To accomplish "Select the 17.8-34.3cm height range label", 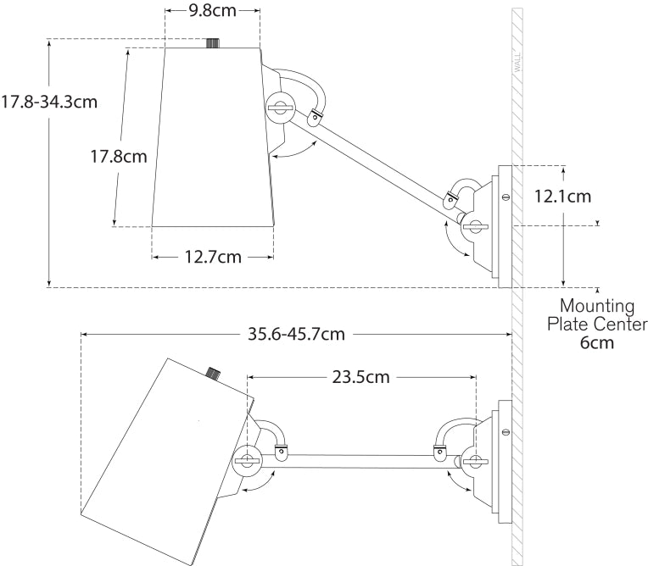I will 49,102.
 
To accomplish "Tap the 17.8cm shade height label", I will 120,156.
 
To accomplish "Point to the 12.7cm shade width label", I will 213,256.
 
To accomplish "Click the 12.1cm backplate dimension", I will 563,196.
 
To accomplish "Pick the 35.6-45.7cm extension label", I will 296,333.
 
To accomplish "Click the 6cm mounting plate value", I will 597,343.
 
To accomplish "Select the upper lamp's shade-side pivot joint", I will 278,108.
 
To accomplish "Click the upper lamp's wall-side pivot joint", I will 474,225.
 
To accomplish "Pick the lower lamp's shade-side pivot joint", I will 247,461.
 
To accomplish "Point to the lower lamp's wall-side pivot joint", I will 474,462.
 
